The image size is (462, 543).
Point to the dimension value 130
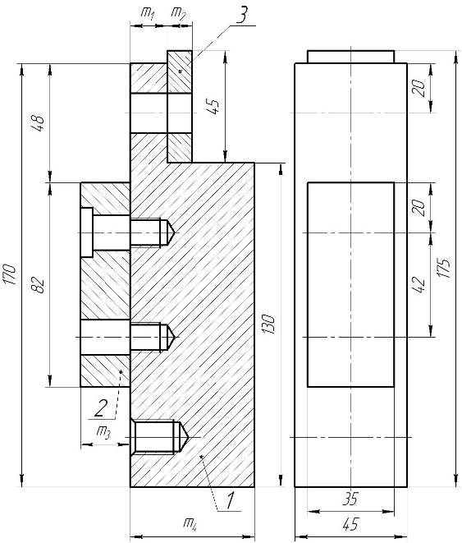coord(268,324)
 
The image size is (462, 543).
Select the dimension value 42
coord(419,285)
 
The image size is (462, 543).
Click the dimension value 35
coord(350,499)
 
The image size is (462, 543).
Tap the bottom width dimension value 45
coord(350,524)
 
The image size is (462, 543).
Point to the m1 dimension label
coord(148,13)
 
